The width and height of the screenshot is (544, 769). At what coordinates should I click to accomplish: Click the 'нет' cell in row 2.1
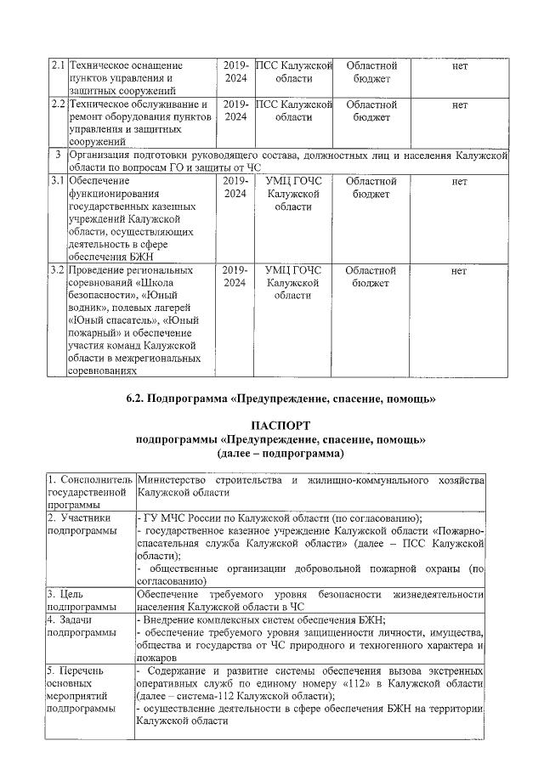pos(460,65)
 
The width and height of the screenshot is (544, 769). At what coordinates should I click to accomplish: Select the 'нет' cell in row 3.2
pos(460,270)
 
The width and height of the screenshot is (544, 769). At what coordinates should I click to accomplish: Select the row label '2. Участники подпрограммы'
pos(82,523)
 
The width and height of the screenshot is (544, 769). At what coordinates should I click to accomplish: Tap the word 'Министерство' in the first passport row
pos(173,481)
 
